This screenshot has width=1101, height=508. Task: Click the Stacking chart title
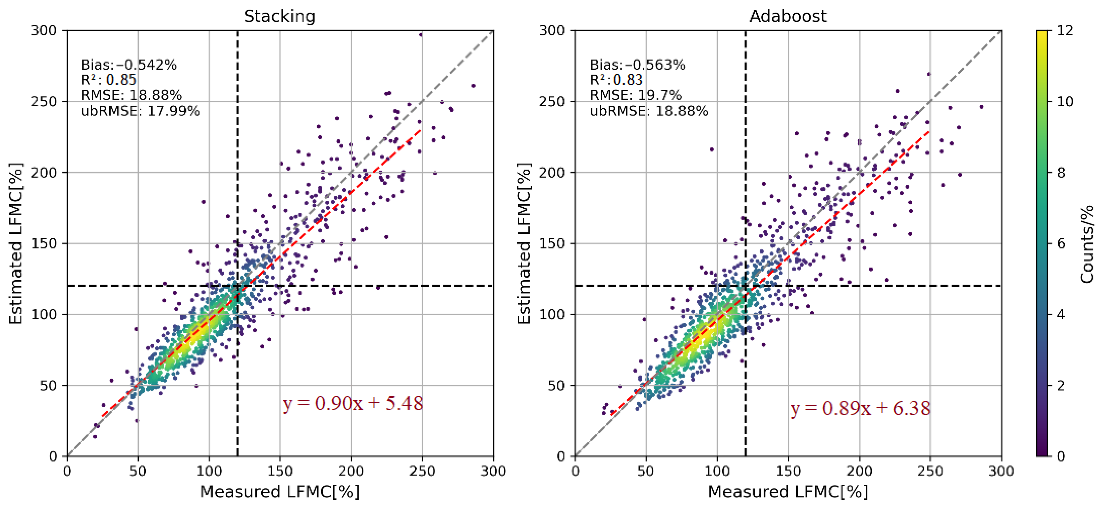280,16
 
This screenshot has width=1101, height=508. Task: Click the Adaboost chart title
788,16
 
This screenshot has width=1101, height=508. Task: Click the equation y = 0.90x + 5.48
353,403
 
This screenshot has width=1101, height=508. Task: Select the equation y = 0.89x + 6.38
860,408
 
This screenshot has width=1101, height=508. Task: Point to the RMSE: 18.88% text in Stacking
131,95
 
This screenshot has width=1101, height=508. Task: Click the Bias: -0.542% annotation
128,65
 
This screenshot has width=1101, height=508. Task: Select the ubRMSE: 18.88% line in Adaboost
648,111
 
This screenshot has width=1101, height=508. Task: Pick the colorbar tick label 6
1061,243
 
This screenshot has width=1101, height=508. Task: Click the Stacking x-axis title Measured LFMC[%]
280,491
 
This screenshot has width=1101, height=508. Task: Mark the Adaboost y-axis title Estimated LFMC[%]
524,243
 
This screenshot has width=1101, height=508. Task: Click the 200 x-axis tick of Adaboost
859,471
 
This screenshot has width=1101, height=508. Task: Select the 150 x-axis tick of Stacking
280,471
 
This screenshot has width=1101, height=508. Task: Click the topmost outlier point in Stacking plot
421,35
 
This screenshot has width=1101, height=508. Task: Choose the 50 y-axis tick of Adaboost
556,385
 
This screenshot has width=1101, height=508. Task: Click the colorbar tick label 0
1061,456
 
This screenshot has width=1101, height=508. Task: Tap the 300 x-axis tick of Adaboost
1001,471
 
